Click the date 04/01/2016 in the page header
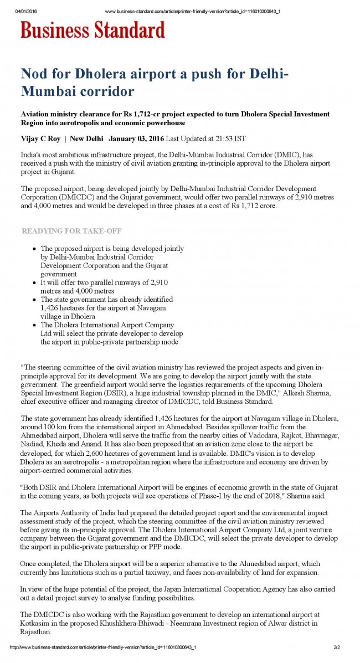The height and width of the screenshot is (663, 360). tap(26, 12)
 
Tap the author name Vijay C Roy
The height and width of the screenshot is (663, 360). tap(40, 138)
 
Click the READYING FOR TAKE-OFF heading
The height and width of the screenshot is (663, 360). tap(71, 231)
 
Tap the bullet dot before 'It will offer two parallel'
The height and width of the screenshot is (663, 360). tap(34, 282)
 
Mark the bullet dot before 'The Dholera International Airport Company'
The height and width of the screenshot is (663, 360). tap(34, 325)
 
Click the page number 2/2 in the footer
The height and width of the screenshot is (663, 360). tap(337, 647)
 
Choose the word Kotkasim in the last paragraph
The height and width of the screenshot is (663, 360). tap(35, 623)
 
